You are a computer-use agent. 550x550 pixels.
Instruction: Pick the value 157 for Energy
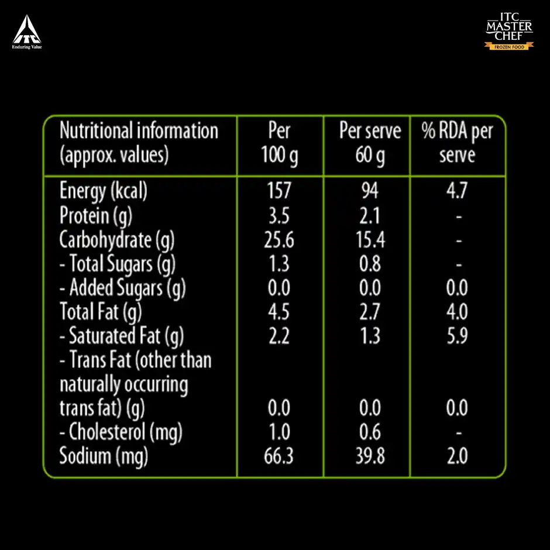279,191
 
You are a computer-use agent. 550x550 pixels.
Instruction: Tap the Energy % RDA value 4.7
457,191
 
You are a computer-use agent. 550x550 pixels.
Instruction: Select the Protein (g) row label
96,215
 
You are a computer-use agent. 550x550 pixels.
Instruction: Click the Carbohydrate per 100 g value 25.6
279,240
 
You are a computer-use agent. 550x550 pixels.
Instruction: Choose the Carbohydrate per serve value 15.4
370,240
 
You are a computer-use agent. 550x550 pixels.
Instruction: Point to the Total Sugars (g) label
118,264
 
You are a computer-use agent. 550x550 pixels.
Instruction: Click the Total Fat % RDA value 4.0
457,312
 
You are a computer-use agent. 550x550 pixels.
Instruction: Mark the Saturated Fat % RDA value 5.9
457,336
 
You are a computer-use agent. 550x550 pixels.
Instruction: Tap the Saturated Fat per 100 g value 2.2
279,336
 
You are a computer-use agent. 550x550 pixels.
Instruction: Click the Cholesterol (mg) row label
121,432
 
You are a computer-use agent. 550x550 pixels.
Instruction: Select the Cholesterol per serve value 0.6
370,432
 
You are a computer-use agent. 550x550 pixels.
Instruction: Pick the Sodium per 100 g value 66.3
279,456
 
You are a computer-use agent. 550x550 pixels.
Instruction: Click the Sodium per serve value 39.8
370,456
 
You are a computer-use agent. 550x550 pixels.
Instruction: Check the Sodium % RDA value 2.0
457,456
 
